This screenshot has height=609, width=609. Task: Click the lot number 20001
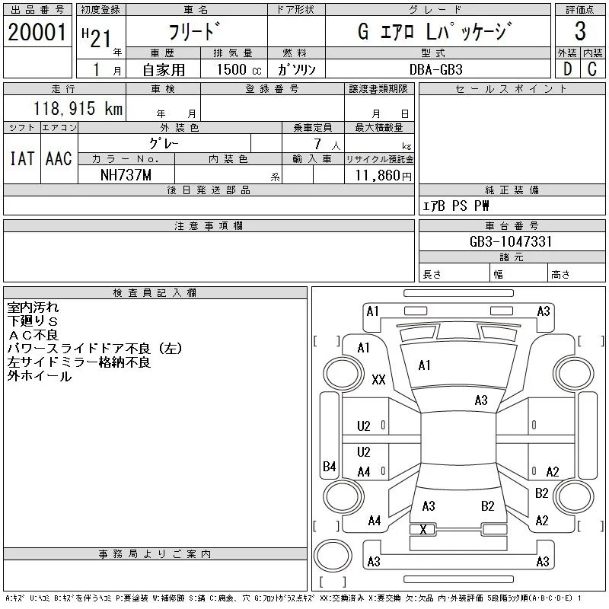tap(37, 32)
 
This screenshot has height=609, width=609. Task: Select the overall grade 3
tap(580, 30)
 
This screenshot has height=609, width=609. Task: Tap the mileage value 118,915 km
tap(78, 108)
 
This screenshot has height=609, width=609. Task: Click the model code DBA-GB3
tap(436, 69)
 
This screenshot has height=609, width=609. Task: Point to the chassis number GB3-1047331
tap(511, 241)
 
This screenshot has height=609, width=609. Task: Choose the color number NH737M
tap(126, 175)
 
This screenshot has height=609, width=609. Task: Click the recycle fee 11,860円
tap(384, 176)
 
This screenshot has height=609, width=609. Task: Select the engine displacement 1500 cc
tap(239, 70)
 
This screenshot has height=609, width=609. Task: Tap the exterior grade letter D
tap(567, 69)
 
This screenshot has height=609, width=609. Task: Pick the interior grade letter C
tap(592, 69)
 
